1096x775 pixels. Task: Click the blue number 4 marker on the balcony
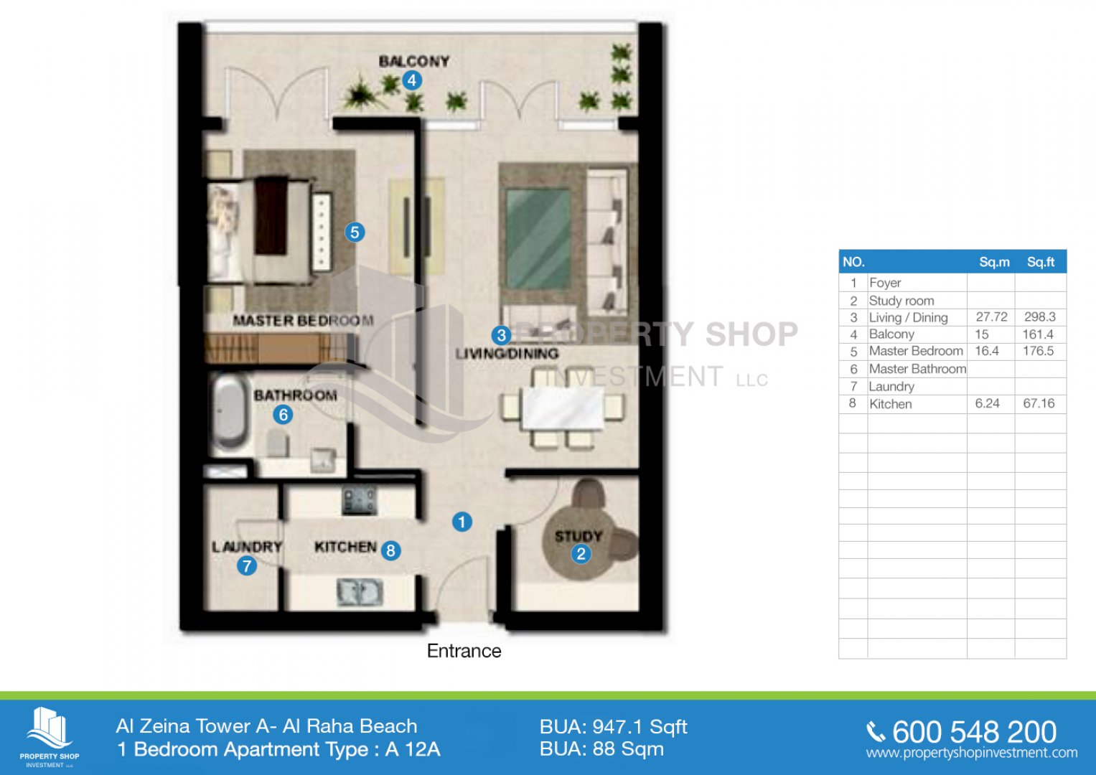[411, 80]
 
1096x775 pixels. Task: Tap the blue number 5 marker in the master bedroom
[355, 232]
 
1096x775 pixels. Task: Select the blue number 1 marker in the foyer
[462, 522]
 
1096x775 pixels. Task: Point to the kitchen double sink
[360, 591]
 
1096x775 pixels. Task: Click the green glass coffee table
[538, 239]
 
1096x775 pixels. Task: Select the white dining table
[563, 408]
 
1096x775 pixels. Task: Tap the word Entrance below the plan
[464, 651]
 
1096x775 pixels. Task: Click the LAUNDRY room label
[247, 547]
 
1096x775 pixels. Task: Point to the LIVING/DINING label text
[507, 353]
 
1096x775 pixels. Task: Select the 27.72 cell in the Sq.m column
[992, 317]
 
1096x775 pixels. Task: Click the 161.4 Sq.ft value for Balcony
[1038, 334]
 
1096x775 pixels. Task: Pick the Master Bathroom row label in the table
[917, 369]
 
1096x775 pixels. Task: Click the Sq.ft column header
[1041, 262]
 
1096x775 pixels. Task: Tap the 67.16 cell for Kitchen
[1039, 403]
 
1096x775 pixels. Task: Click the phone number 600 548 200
[974, 732]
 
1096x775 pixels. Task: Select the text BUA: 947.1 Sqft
[614, 727]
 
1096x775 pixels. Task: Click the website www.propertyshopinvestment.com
[972, 753]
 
